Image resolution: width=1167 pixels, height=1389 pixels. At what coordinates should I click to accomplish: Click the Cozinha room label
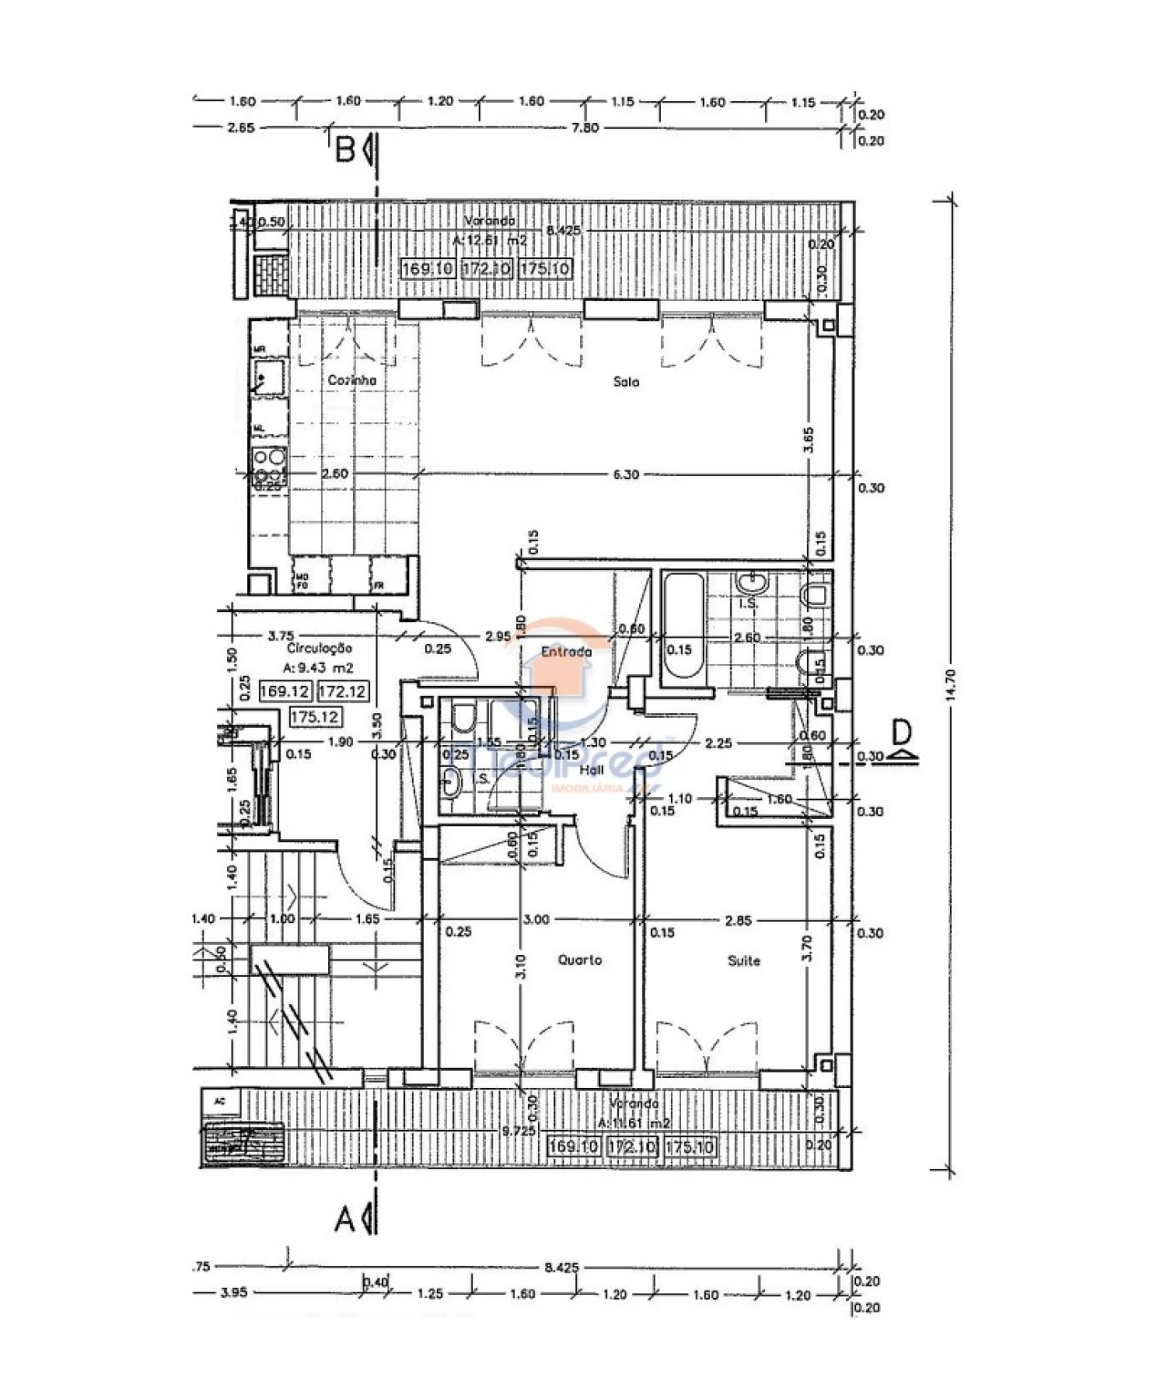tap(352, 381)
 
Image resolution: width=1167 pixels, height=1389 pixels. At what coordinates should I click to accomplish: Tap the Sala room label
tap(626, 382)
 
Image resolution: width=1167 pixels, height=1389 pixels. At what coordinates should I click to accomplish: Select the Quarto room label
tap(580, 960)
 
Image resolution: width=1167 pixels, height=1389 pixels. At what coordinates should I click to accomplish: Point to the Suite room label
tap(744, 961)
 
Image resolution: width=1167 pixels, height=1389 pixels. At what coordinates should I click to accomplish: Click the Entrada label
tap(565, 652)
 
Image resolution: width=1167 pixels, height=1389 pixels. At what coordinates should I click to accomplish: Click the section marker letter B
tap(345, 150)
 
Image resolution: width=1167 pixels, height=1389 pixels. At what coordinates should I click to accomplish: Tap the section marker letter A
tap(345, 1218)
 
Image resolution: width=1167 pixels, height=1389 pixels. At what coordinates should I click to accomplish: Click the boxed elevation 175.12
tap(315, 717)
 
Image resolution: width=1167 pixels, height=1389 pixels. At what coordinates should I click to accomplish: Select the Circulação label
tap(319, 648)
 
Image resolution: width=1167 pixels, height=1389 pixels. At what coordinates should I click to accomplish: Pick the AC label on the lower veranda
tap(219, 1101)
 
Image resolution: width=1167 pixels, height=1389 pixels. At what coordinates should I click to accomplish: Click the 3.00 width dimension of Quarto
tap(536, 920)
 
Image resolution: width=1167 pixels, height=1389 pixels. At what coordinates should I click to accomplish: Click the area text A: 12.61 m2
tap(490, 241)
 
